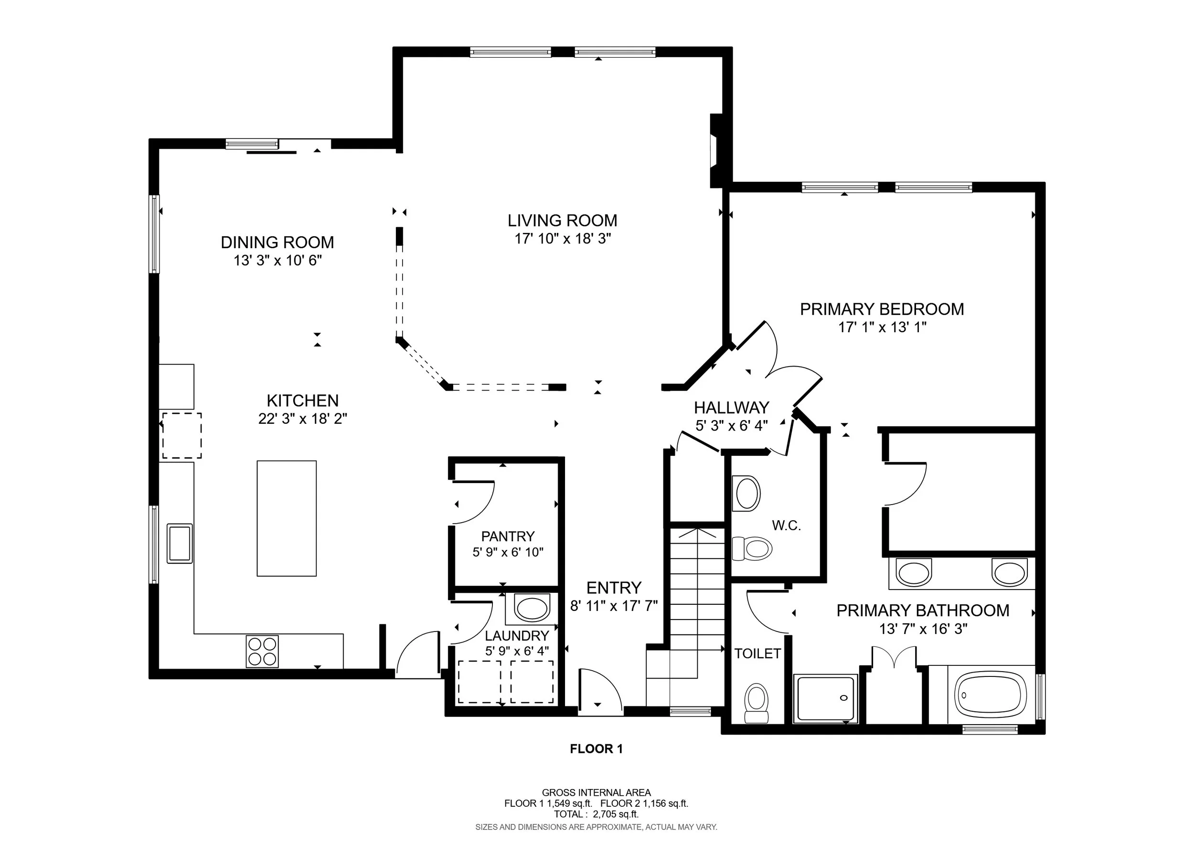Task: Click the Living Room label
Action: pyautogui.click(x=562, y=221)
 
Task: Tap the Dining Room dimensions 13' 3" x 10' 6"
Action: pyautogui.click(x=277, y=260)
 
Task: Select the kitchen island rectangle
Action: pyautogui.click(x=287, y=518)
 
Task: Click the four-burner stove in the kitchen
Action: pyautogui.click(x=262, y=652)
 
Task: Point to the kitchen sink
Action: pyautogui.click(x=180, y=544)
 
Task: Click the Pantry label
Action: pyautogui.click(x=508, y=536)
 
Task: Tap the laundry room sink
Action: pyautogui.click(x=532, y=609)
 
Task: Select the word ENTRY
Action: pyautogui.click(x=614, y=588)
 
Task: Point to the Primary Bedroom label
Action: pyautogui.click(x=882, y=309)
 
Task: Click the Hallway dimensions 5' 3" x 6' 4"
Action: pyautogui.click(x=732, y=426)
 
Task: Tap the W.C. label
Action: pyautogui.click(x=786, y=526)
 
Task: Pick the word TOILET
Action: pyautogui.click(x=757, y=653)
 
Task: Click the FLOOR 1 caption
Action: pyautogui.click(x=597, y=749)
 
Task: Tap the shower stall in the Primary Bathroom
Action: pyautogui.click(x=825, y=698)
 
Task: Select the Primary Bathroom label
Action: pyautogui.click(x=923, y=610)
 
